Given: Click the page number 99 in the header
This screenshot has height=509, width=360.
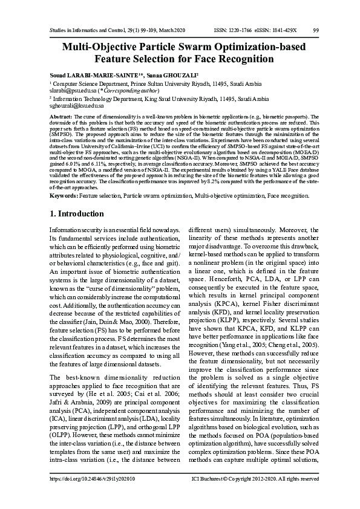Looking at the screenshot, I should point(316,30).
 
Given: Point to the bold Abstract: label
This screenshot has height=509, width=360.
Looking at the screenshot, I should point(61,115).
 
